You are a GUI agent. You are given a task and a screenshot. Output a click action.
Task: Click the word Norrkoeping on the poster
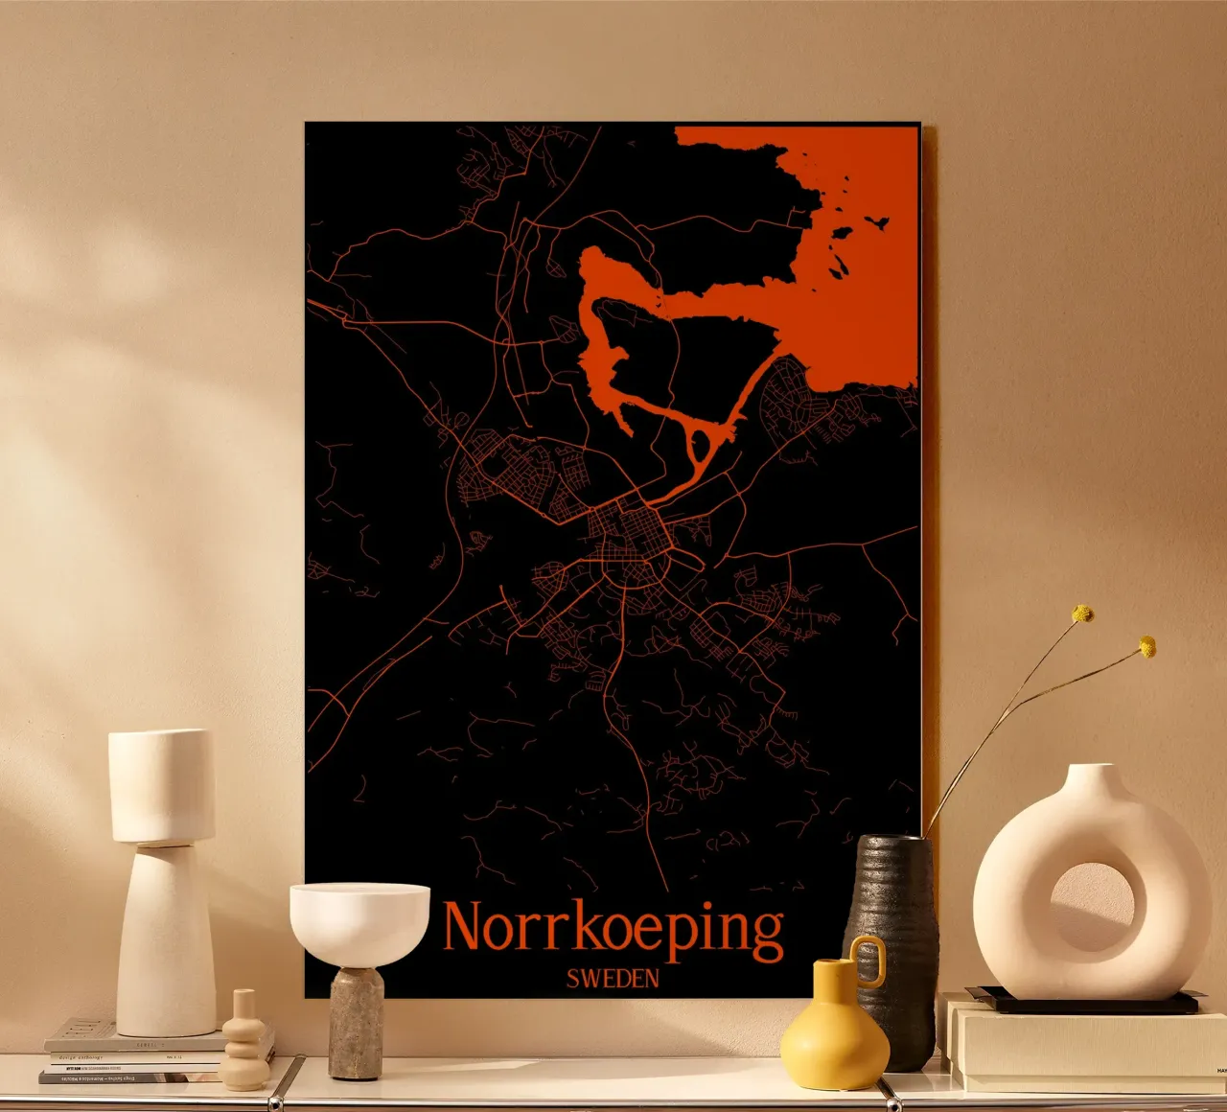point(613,928)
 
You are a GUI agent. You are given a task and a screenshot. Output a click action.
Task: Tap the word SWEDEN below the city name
point(613,979)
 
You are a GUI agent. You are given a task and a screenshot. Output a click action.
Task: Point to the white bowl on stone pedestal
point(359,920)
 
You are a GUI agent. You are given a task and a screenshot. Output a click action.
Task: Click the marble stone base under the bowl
point(356,1024)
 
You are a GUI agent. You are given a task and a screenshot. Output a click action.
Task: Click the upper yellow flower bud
point(1082,614)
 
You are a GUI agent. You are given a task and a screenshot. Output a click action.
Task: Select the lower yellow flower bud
point(1146,647)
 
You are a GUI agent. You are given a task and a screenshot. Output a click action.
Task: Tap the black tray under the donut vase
point(1083,1003)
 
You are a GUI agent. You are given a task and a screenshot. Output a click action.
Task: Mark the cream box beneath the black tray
point(1083,1050)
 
